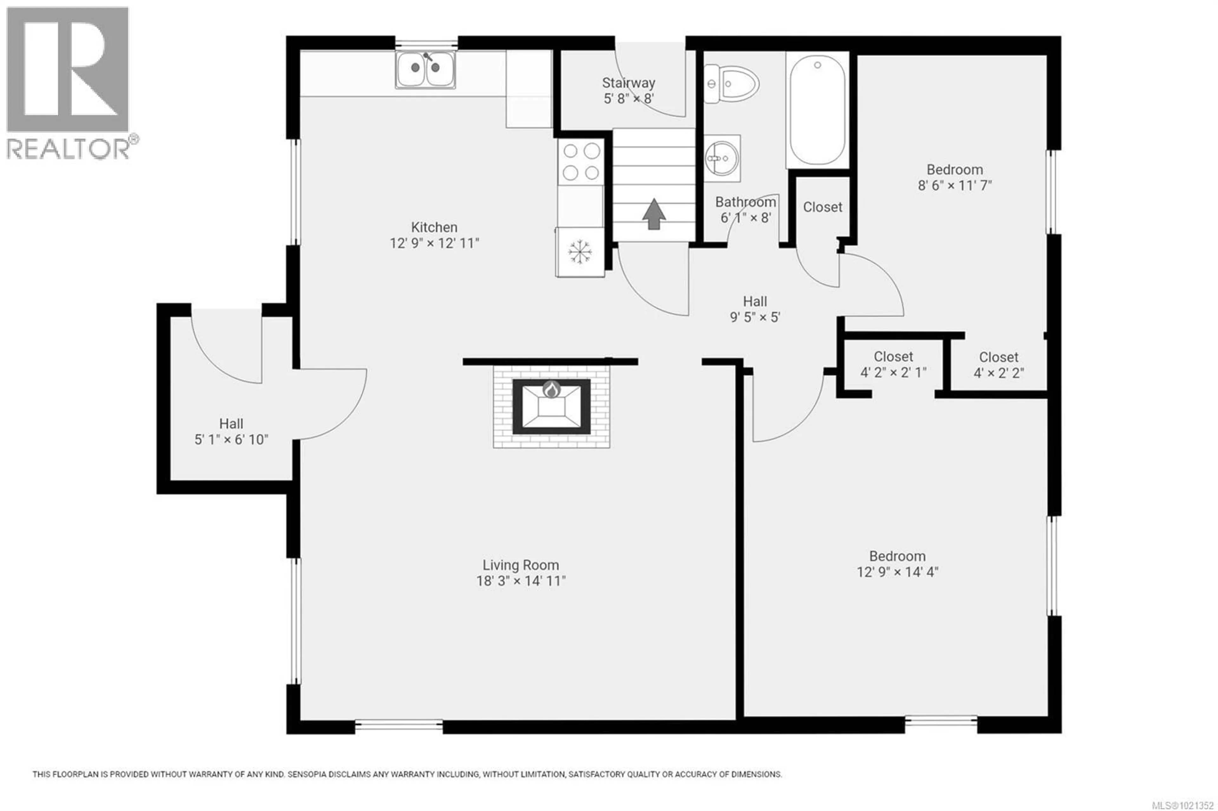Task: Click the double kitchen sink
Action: click(x=425, y=69)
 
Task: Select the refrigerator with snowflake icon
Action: click(x=580, y=252)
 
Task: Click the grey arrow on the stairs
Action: click(x=654, y=214)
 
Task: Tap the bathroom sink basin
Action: click(x=722, y=158)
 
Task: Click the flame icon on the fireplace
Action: click(x=552, y=389)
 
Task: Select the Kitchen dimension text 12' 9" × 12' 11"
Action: click(x=434, y=243)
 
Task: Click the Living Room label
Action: click(x=521, y=565)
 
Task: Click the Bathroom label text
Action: click(x=745, y=202)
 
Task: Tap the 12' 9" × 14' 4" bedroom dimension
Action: click(x=897, y=572)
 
